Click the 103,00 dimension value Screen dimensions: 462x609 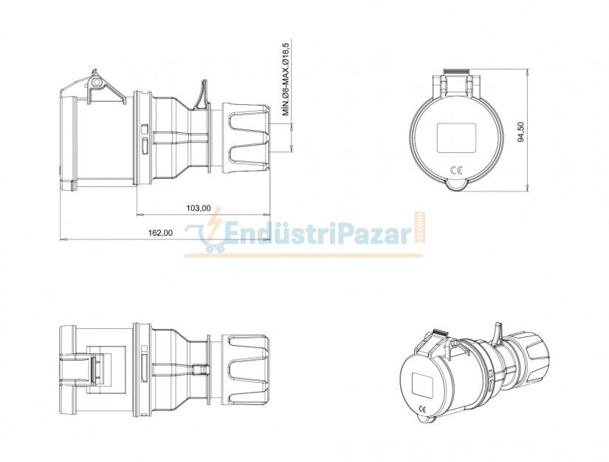pos(198,208)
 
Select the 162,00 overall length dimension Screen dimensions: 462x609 pos(160,232)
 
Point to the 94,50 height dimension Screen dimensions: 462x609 pos(521,132)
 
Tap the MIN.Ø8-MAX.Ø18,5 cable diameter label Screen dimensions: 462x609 pos(286,79)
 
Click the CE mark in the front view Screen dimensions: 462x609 pos(456,171)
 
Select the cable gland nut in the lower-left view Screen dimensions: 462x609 pos(247,369)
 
